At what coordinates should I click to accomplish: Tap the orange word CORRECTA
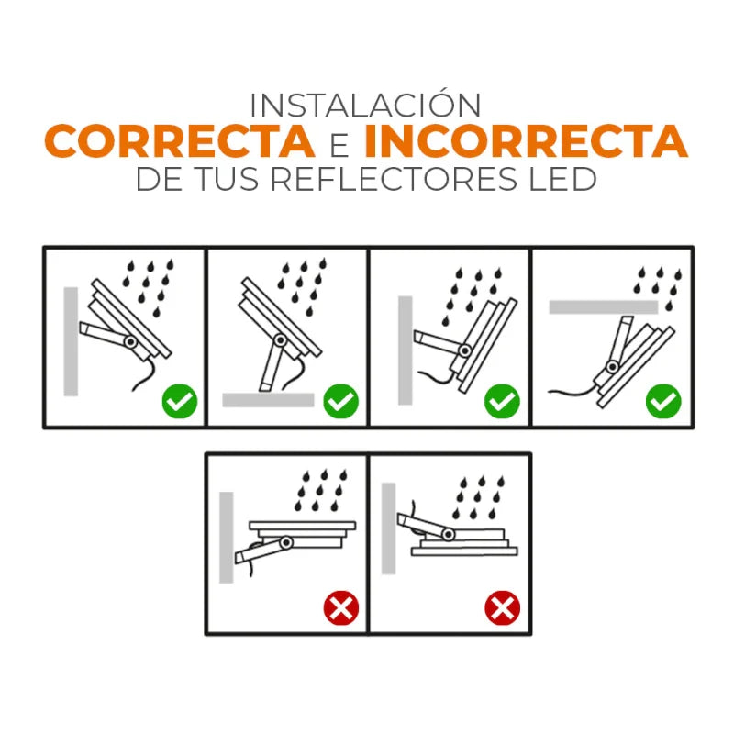179,141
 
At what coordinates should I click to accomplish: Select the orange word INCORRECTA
526,141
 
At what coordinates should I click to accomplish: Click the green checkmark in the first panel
179,401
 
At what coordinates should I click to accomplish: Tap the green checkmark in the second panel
340,401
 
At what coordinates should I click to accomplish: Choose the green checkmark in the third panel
502,401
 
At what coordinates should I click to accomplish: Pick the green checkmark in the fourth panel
663,401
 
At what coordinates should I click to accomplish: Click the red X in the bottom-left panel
340,608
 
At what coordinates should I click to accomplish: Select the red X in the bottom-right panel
502,608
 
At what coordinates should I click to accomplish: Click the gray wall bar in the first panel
71,341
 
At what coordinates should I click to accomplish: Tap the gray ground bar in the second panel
268,400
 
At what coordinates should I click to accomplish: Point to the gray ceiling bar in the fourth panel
604,307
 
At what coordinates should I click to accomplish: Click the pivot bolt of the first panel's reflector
130,341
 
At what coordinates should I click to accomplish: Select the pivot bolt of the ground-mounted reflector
281,339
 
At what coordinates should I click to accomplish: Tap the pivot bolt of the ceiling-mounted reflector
612,366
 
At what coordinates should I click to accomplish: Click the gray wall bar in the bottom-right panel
388,528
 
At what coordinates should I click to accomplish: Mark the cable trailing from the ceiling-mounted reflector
573,390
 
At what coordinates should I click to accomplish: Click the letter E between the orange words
339,146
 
